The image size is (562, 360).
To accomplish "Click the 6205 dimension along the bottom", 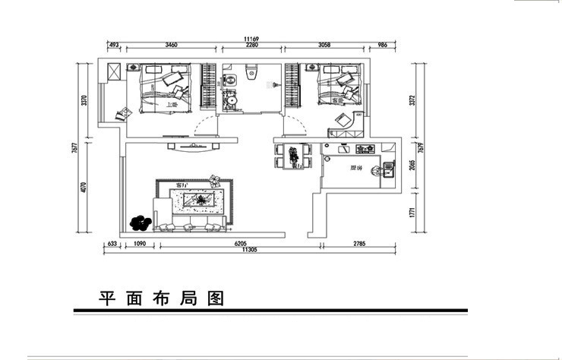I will pyautogui.click(x=241, y=244).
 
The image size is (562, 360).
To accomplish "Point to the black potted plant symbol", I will pyautogui.click(x=140, y=223).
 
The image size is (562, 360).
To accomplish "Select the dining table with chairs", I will pyautogui.click(x=292, y=156).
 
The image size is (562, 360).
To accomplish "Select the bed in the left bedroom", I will pyautogui.click(x=163, y=87).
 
